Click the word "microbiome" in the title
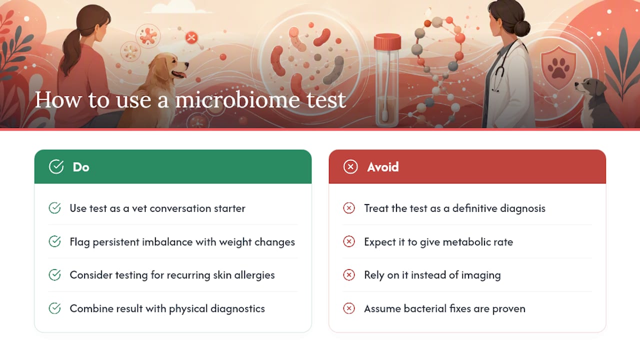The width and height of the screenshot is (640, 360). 237,99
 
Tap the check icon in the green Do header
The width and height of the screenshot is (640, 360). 56,166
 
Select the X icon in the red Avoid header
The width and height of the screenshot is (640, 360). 350,166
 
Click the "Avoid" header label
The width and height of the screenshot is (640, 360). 383,167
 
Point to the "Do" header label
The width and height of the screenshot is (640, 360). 81,167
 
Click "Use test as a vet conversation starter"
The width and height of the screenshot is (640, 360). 157,208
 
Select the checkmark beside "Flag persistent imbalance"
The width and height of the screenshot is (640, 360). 54,241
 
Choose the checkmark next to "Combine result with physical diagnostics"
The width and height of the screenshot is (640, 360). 54,308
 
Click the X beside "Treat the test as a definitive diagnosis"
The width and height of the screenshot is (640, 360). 349,208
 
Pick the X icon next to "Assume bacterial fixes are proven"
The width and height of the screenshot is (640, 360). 349,308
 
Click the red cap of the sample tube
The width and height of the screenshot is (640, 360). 387,42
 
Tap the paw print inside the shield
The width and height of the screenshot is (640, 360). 558,68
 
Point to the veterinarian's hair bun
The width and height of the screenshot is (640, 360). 522,28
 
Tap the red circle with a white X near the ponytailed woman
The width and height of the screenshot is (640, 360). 191,37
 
